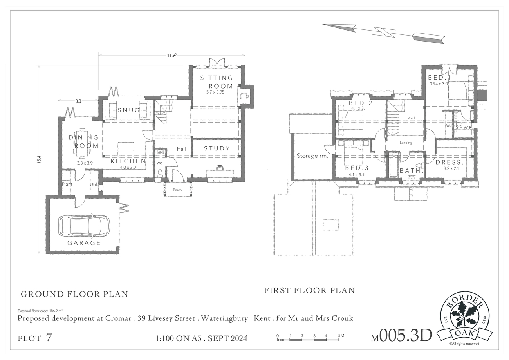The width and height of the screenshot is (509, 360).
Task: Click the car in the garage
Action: pyautogui.click(x=84, y=226)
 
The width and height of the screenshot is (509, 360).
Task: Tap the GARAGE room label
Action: pyautogui.click(x=84, y=243)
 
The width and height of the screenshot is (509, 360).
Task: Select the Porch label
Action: pyautogui.click(x=177, y=190)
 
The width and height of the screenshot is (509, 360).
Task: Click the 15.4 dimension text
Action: pyautogui.click(x=39, y=159)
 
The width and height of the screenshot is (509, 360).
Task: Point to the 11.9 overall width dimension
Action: pyautogui.click(x=172, y=55)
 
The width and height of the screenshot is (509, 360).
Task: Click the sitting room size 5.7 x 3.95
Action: pyautogui.click(x=215, y=92)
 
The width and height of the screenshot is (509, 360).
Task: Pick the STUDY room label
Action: pyautogui.click(x=217, y=148)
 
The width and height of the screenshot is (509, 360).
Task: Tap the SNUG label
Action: pyautogui.click(x=129, y=110)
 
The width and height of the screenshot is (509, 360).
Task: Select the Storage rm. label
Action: pyautogui.click(x=312, y=156)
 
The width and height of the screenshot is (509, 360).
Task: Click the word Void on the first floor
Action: pyautogui.click(x=411, y=118)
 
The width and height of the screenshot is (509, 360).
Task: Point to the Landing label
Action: pyautogui.click(x=406, y=143)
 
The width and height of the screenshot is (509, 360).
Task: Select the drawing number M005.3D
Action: pyautogui.click(x=401, y=336)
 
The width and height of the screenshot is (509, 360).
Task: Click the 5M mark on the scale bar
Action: pyautogui.click(x=341, y=335)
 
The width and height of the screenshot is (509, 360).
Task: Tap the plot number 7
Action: pyautogui.click(x=49, y=338)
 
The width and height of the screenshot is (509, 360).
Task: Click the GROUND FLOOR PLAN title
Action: pyautogui.click(x=74, y=294)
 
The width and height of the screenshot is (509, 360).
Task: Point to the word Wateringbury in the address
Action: pyautogui.click(x=224, y=318)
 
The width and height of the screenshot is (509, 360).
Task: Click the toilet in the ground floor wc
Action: pyautogui.click(x=160, y=173)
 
